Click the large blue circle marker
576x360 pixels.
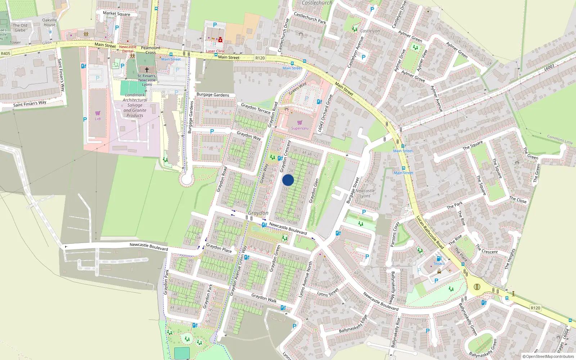(288, 180)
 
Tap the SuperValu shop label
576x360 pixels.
(300, 128)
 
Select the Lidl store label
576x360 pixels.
(98, 118)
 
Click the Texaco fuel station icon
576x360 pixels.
(439, 258)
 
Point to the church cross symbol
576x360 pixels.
(147, 70)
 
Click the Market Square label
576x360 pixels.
(116, 14)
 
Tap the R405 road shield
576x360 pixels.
(5, 54)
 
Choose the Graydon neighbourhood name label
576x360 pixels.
(258, 213)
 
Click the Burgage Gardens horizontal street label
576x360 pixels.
(213, 95)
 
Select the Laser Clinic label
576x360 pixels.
(215, 51)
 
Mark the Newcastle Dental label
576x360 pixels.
(128, 49)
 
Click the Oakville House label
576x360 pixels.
(50, 22)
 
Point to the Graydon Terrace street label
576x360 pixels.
(255, 108)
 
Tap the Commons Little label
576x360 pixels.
(560, 139)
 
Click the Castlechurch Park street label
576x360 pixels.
(310, 18)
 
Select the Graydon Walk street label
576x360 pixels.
(264, 298)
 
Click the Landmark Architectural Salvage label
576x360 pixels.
(135, 105)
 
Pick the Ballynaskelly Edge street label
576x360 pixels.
(353, 324)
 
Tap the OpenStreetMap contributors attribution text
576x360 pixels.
(548, 356)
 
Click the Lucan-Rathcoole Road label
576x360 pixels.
(430, 232)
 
